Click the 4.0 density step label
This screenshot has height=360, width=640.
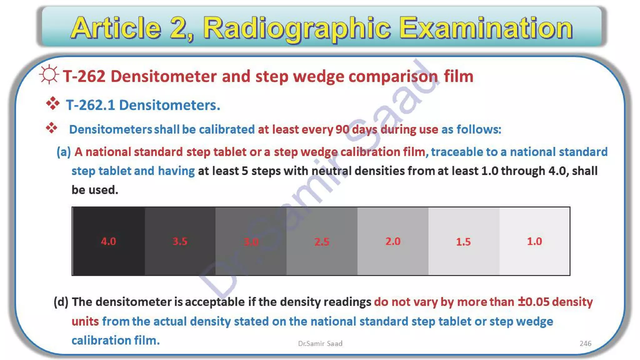(108, 241)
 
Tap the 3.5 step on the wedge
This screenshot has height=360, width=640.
(180, 241)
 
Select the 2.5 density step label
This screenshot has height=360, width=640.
(322, 242)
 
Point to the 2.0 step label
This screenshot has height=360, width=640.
(393, 241)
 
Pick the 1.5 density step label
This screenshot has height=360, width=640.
(463, 242)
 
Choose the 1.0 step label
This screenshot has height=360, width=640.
(534, 241)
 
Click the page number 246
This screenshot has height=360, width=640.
(585, 343)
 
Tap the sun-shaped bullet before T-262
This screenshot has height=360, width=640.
(49, 75)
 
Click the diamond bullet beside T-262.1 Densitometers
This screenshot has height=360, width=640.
(52, 103)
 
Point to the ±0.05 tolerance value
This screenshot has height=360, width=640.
(533, 302)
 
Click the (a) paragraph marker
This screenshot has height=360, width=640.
(64, 152)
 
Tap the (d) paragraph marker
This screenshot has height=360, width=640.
(61, 302)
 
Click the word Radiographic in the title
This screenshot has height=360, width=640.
(297, 28)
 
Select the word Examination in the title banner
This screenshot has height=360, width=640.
(486, 28)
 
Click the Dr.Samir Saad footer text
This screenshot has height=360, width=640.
(320, 343)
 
